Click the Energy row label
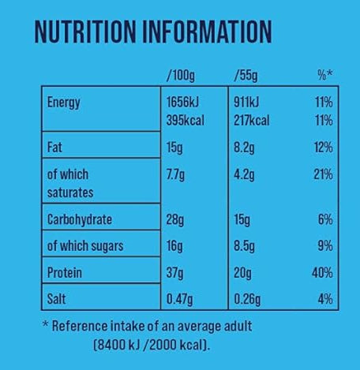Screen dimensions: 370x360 click(64, 103)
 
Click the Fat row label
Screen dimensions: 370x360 click(56, 146)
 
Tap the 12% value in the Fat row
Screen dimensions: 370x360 click(322, 146)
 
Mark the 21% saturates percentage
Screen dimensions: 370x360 click(322, 174)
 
